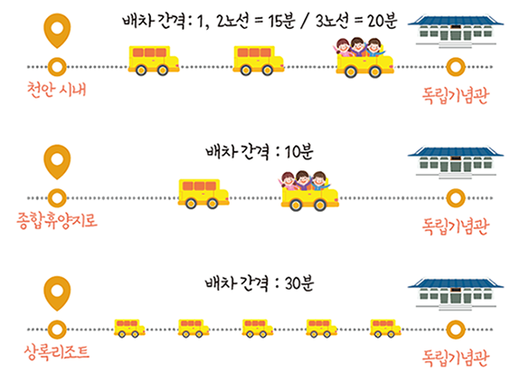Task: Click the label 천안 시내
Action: [x=56, y=90]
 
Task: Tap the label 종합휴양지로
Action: [x=57, y=220]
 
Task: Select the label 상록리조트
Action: [x=57, y=352]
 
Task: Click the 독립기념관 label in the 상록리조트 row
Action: [x=456, y=358]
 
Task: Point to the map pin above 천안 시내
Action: [x=57, y=29]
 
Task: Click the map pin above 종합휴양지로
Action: [x=57, y=161]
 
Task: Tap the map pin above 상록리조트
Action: [x=57, y=292]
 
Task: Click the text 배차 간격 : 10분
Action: [x=260, y=152]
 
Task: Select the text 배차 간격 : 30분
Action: [x=260, y=283]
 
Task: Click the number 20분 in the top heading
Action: [x=382, y=21]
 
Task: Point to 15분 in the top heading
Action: [x=281, y=21]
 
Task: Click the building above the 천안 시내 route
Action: [x=456, y=31]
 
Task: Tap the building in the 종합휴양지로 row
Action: [x=456, y=162]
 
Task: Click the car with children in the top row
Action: [x=364, y=58]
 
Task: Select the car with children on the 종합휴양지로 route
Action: [x=309, y=191]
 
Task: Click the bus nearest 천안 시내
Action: [x=154, y=61]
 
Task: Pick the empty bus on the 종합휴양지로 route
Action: [x=203, y=194]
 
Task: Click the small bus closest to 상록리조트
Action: [x=129, y=328]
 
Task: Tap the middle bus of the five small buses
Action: [x=258, y=328]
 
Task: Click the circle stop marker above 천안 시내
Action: [x=57, y=67]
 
